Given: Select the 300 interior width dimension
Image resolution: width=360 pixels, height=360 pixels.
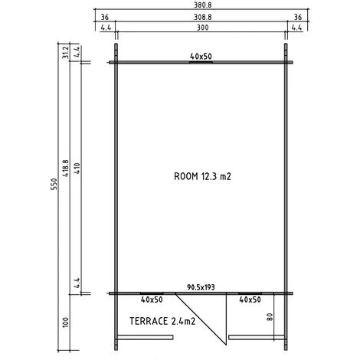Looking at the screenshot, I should click(201, 28).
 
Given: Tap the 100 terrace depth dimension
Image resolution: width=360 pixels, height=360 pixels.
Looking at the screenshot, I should click(65, 322).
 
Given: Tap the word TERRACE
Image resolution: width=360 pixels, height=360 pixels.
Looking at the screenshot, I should click(149, 321).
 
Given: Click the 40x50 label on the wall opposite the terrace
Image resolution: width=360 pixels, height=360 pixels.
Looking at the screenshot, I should click(201, 56).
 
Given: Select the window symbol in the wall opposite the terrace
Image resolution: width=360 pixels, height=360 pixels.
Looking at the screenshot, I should click(201, 62).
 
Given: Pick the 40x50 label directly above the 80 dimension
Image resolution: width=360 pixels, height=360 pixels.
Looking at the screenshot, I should click(250, 300).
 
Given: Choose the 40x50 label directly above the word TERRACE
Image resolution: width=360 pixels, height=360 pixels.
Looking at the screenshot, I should click(152, 300).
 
